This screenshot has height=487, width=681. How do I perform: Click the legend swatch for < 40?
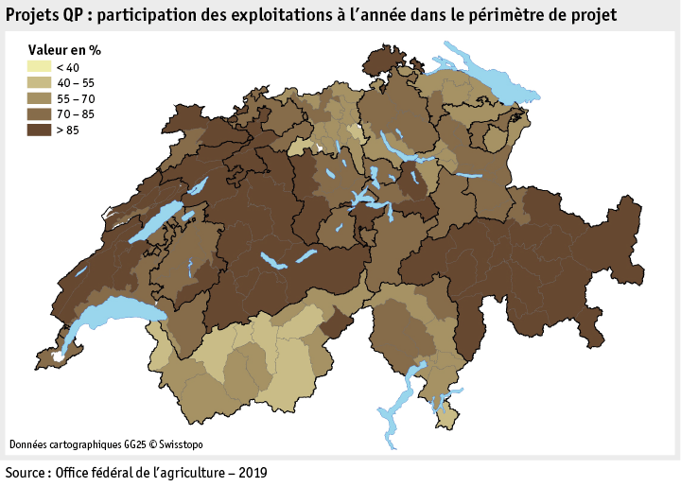tap(39, 67)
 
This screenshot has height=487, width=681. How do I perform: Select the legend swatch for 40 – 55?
tap(39, 82)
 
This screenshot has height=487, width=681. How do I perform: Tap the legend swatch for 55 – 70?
tap(39, 98)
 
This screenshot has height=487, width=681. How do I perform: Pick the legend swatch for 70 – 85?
tap(39, 114)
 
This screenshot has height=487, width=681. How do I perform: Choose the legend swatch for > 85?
tap(39, 130)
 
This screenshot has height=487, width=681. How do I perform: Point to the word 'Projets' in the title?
tap(33, 15)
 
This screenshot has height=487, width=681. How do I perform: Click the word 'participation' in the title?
tap(148, 15)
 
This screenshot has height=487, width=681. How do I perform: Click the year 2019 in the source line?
tap(252, 472)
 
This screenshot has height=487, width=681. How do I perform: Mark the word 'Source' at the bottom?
tap(26, 472)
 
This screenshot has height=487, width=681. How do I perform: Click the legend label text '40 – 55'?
tap(76, 83)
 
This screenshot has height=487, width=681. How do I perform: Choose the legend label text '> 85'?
tap(68, 130)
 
